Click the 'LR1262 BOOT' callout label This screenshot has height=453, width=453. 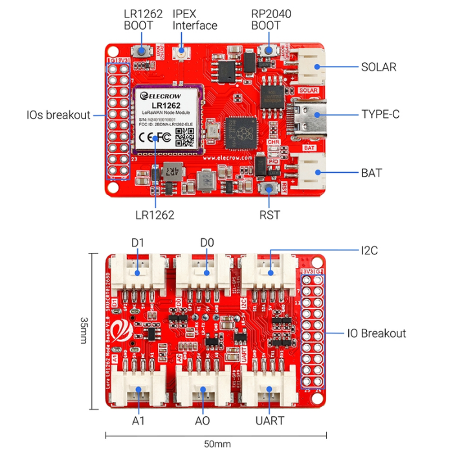click(x=138, y=19)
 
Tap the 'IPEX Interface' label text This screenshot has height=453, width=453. click(x=195, y=19)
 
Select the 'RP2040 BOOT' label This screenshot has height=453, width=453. click(x=265, y=19)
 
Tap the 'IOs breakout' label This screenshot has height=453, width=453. click(x=58, y=115)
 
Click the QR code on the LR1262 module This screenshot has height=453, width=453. click(x=186, y=137)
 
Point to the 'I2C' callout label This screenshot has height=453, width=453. click(x=371, y=249)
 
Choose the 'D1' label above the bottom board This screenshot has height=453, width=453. click(x=137, y=243)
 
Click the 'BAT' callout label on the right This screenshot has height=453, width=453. click(x=371, y=173)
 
